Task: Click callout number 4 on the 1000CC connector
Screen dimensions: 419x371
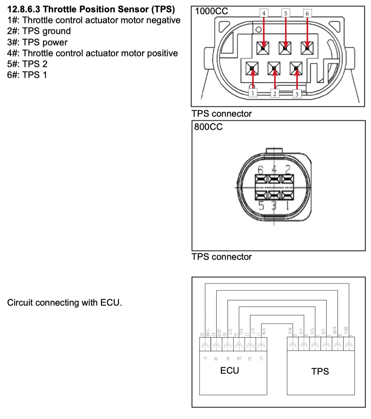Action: pyautogui.click(x=264, y=13)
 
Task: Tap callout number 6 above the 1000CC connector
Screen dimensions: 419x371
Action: pyautogui.click(x=307, y=13)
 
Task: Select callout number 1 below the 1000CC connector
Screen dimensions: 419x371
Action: pyautogui.click(x=253, y=93)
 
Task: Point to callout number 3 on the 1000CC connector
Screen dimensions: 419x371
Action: pyautogui.click(x=296, y=93)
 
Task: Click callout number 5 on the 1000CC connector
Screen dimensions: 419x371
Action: pyautogui.click(x=286, y=13)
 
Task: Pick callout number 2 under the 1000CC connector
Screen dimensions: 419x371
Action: pyautogui.click(x=275, y=93)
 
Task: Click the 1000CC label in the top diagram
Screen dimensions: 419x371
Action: pyautogui.click(x=211, y=12)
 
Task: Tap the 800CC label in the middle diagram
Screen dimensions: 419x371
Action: pyautogui.click(x=208, y=127)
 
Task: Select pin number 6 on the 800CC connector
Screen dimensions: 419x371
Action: pyautogui.click(x=260, y=169)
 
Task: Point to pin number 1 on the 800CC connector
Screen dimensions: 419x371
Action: pyautogui.click(x=287, y=206)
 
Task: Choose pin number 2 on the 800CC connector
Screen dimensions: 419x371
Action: pyautogui.click(x=287, y=169)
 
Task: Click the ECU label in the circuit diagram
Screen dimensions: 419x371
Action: pyautogui.click(x=229, y=370)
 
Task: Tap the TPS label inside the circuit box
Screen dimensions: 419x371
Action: pyautogui.click(x=320, y=371)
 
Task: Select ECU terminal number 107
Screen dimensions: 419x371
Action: pyautogui.click(x=239, y=359)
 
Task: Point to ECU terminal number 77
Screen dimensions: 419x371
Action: pyautogui.click(x=205, y=359)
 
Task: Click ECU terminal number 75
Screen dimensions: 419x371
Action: pyautogui.click(x=261, y=359)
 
